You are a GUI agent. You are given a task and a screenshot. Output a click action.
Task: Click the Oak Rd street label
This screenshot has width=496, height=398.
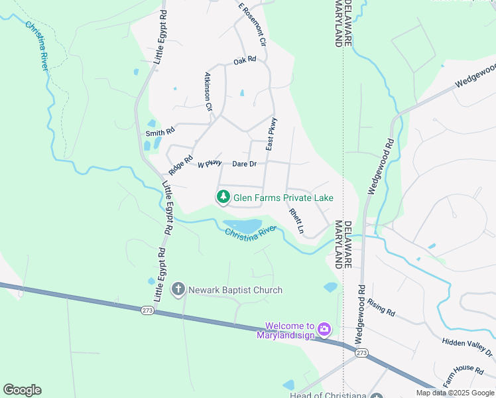click(x=245, y=60)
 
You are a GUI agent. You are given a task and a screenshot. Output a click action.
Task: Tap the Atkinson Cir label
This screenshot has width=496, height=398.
click(x=208, y=92)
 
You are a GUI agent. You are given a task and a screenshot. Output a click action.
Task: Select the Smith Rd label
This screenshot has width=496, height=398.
click(x=159, y=131)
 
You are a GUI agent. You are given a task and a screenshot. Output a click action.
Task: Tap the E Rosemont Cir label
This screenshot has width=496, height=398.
click(x=252, y=23)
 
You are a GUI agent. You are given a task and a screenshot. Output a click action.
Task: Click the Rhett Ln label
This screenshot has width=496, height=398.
click(x=296, y=222)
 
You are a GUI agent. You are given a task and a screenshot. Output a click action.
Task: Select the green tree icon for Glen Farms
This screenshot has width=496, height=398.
click(x=223, y=197)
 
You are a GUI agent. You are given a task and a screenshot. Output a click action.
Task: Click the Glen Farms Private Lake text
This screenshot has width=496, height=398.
click(x=283, y=198)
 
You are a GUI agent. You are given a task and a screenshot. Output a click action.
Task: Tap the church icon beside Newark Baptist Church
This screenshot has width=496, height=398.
click(x=178, y=289)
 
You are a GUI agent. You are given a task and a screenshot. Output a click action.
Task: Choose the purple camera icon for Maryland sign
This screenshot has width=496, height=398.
click(x=324, y=329)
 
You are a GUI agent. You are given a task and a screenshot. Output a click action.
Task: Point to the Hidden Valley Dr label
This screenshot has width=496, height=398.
click(x=469, y=345)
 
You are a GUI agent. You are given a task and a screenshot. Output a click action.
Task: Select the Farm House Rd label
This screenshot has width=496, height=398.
click(x=460, y=377)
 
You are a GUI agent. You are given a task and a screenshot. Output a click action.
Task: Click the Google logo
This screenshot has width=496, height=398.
click(x=22, y=390)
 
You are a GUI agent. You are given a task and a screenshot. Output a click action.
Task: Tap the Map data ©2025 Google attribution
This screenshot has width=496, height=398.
click(x=456, y=393)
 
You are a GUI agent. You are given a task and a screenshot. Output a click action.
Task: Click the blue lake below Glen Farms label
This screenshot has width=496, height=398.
click(x=242, y=226)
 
